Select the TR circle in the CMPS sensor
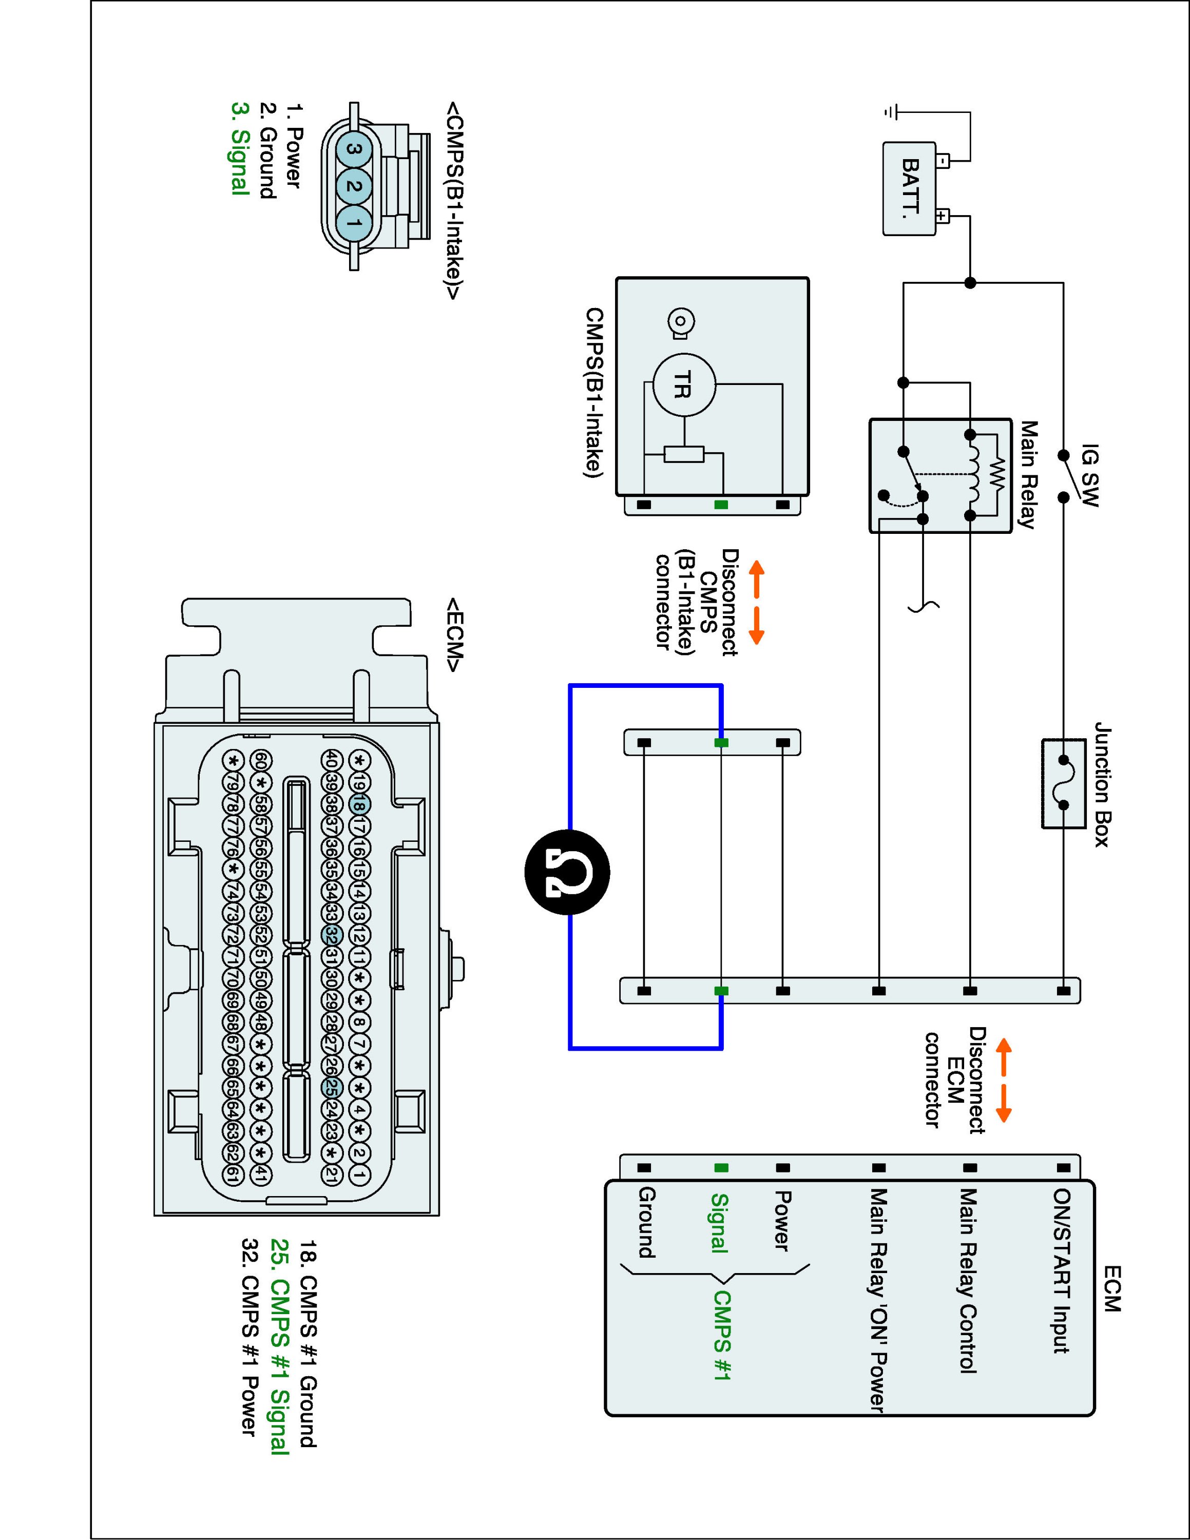click(x=684, y=385)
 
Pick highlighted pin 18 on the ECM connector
click(x=359, y=804)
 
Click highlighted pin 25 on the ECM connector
click(x=330, y=1088)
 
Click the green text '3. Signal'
click(x=240, y=149)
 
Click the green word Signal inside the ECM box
click(x=719, y=1223)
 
